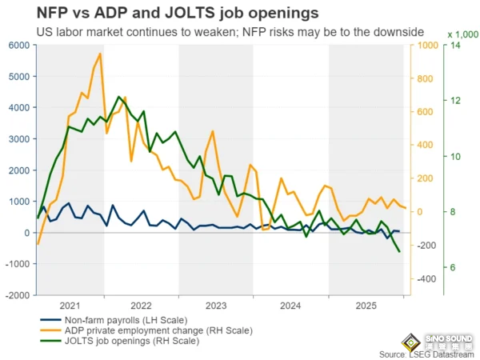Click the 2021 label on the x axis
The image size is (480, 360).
(70, 306)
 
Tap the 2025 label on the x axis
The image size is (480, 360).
(366, 306)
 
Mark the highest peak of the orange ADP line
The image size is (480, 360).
(100, 54)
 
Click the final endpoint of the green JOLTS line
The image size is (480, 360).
(400, 252)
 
